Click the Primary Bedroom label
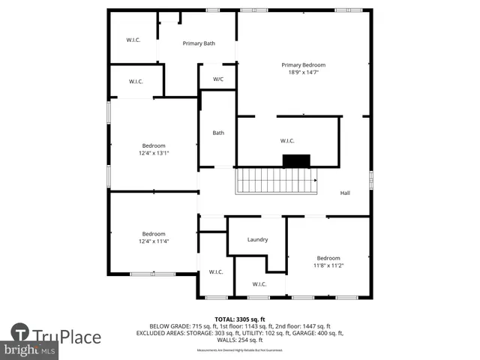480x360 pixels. point(303,65)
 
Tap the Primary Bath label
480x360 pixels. point(199,43)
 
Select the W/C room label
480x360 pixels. point(218,79)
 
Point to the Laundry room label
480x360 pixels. point(257,240)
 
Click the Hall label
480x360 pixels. point(345,193)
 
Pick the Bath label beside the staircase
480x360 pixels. point(218,133)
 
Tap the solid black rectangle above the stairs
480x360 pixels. point(296,160)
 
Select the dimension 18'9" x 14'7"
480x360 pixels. point(303,73)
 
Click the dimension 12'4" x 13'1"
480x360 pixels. point(154,153)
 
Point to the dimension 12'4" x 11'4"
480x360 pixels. point(154,241)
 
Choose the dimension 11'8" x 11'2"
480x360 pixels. point(328,265)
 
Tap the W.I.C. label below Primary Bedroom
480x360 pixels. point(288,140)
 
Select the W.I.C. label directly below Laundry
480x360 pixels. point(259,284)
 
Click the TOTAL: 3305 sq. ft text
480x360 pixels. point(240,319)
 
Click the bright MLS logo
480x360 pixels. point(29,350)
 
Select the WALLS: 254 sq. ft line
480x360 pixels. point(240,340)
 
